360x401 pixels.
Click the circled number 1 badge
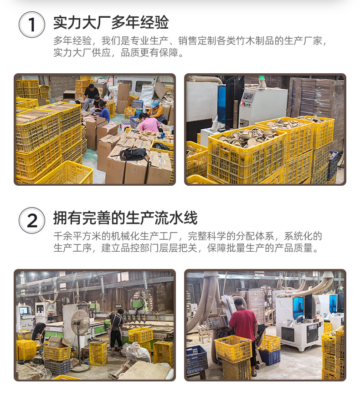point(32,25)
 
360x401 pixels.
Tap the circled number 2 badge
point(32,220)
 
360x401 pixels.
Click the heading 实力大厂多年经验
point(111,22)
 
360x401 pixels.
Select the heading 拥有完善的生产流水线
point(125,218)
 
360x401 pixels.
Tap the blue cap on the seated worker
point(155,104)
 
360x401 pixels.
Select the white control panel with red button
point(248,101)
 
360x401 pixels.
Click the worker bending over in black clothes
point(38,332)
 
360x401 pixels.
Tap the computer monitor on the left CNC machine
point(23,311)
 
